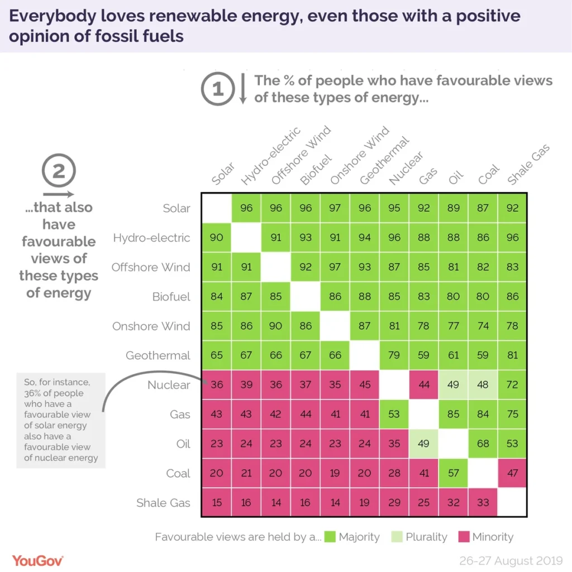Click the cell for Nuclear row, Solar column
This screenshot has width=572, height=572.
(217, 385)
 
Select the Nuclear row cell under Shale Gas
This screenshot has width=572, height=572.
(512, 385)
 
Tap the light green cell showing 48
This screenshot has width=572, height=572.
(483, 385)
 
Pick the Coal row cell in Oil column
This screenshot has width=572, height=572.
(454, 473)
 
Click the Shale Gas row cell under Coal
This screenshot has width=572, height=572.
(483, 503)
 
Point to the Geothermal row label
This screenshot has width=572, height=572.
(158, 355)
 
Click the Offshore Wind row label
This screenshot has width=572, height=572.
(150, 267)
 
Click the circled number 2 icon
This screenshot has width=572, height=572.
(59, 171)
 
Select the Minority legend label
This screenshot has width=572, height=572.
(492, 537)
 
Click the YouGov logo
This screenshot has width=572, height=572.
(37, 559)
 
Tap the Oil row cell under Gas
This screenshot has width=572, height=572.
(424, 444)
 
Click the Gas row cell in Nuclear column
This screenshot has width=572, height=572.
(394, 414)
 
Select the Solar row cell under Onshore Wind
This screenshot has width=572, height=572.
(335, 208)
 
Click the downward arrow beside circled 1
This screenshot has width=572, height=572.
(243, 89)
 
